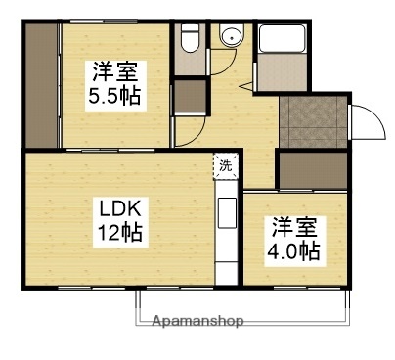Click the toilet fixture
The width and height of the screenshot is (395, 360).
point(191,40)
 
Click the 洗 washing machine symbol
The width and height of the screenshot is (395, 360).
point(226,166)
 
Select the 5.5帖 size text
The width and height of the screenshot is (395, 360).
point(115,96)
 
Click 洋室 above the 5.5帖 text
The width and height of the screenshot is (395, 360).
point(115,71)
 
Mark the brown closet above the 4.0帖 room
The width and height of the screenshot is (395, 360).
point(310,171)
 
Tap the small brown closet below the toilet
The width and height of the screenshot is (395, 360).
point(190,97)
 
